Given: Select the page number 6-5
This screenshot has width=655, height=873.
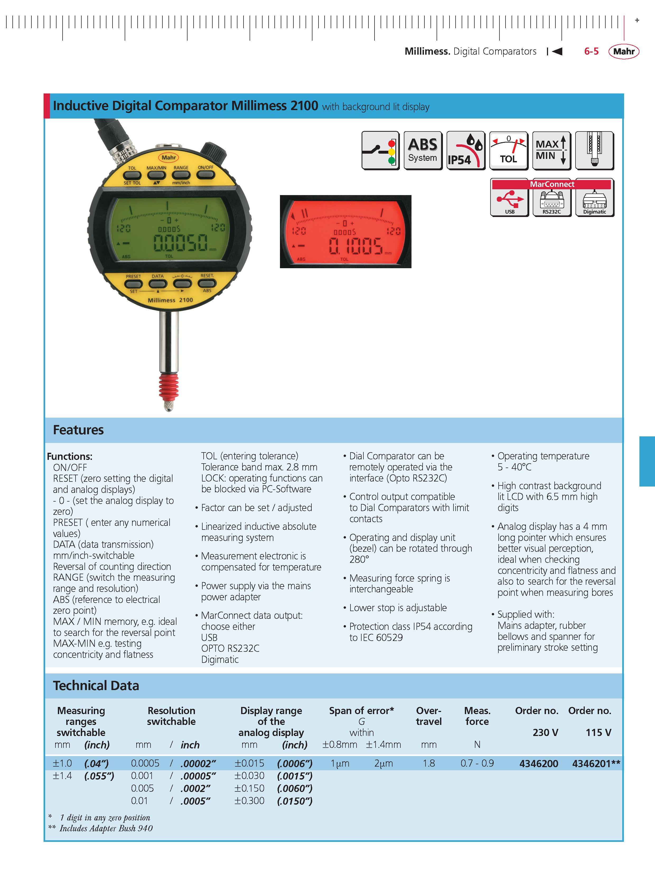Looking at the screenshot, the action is point(591,51).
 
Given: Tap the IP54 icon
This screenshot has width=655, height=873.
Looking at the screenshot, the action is point(465,151).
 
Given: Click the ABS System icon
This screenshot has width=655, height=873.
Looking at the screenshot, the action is point(423,151).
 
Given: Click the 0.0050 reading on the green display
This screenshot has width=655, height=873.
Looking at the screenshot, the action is point(180,242).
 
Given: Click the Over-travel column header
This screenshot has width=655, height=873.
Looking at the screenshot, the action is point(429,716).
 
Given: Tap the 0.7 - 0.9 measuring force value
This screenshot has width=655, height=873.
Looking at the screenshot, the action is point(477,763).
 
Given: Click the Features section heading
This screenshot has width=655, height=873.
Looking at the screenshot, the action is point(78,430).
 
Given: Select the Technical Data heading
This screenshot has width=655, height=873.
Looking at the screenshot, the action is point(96,686).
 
